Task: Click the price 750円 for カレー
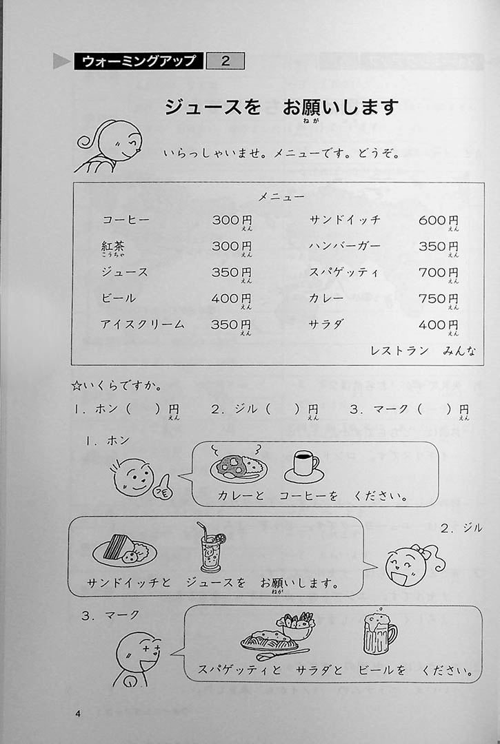tap(438, 299)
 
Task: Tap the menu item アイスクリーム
tap(143, 325)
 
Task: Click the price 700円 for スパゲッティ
tap(438, 273)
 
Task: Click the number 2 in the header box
tap(226, 61)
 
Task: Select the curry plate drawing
tap(239, 465)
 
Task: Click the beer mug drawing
tap(380, 632)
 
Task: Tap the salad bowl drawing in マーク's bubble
tap(295, 625)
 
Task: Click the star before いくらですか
tap(77, 386)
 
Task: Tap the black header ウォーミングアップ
tap(139, 61)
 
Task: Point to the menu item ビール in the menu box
tap(118, 299)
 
